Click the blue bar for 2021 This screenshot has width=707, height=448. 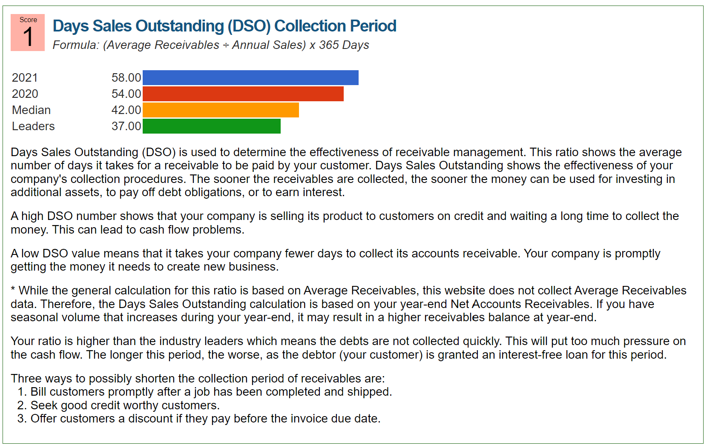[x=250, y=78]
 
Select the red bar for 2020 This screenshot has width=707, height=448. [x=243, y=94]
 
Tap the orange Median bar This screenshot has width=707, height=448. [x=221, y=110]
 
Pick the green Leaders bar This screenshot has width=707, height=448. [x=212, y=126]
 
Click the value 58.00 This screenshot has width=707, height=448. [x=126, y=78]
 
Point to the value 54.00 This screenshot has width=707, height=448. [x=126, y=94]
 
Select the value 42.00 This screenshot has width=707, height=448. [x=126, y=110]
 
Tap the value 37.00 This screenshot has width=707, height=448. [x=126, y=126]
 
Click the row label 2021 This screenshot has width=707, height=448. [x=25, y=78]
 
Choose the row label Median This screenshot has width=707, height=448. [x=31, y=110]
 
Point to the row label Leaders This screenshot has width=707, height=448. [x=33, y=126]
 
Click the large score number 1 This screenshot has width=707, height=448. [x=28, y=37]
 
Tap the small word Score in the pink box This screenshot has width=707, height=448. [x=28, y=20]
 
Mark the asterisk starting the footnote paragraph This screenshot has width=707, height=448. [x=13, y=290]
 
